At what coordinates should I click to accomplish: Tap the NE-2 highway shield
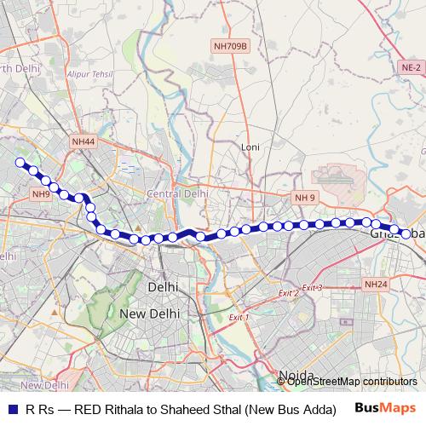coord(411,66)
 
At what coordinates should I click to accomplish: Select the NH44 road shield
coord(83,142)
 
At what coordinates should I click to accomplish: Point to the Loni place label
coord(250,147)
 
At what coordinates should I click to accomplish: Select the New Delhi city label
coord(149,314)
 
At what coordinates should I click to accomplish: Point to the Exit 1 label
coord(239,318)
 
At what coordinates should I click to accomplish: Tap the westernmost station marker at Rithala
coord(20,160)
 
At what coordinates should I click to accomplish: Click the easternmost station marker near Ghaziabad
coord(405,230)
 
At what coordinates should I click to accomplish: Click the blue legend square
coord(12,408)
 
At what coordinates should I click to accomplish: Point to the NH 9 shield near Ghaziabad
coord(305,198)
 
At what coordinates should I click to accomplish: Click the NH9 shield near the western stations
coord(40,194)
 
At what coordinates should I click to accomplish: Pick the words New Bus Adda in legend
coord(289,408)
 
